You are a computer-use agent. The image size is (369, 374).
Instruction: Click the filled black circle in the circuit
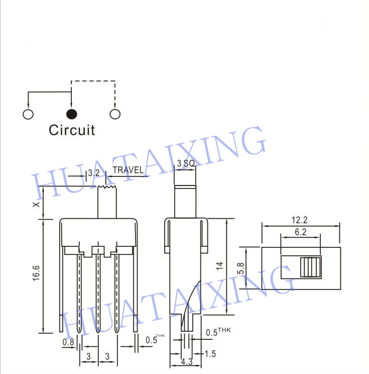point(71,114)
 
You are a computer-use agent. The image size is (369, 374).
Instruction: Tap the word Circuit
point(72,130)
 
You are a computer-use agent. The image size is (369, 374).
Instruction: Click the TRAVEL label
point(128,170)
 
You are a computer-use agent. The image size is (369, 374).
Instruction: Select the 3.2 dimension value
point(94,173)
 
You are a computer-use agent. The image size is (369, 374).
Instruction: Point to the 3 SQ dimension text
point(186,163)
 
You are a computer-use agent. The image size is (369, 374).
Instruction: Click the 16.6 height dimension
point(36,273)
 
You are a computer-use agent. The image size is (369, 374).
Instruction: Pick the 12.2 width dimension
point(299,220)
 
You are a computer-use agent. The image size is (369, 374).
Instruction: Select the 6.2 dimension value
point(300,232)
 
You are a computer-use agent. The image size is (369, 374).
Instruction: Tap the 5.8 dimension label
point(241,268)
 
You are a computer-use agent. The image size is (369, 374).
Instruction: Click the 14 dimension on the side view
point(219,266)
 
